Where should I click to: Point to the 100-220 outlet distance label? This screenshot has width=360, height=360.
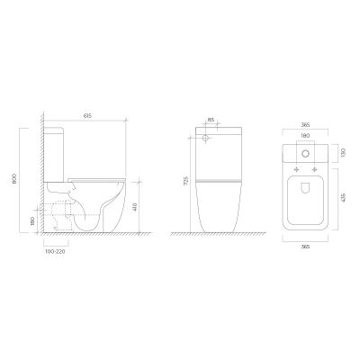click(55, 252)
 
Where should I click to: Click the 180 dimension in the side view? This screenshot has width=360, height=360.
click(33, 220)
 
